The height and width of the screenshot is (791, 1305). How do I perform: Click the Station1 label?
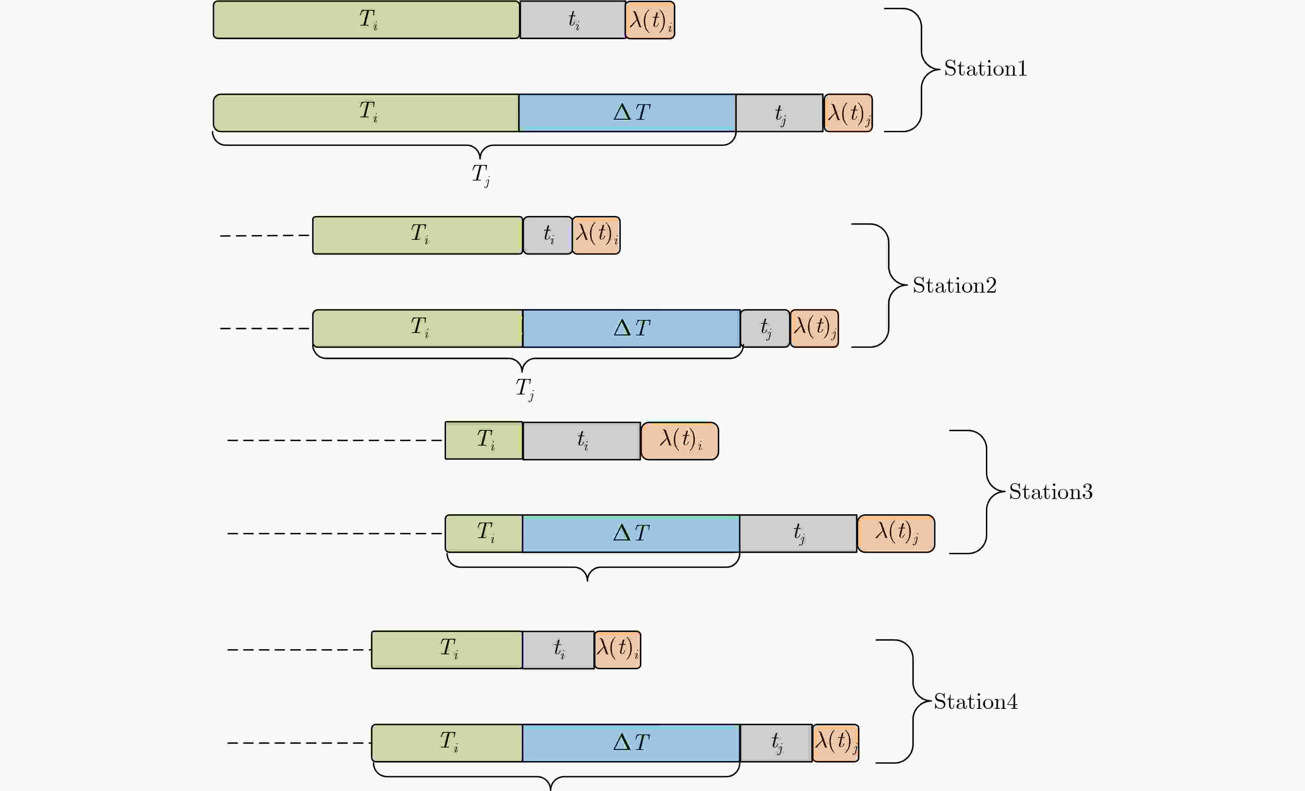coord(985,68)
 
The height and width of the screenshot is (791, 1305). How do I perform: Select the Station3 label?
coord(1051,492)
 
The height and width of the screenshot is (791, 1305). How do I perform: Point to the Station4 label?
coord(976,702)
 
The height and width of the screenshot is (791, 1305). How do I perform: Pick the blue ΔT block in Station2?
coord(631,329)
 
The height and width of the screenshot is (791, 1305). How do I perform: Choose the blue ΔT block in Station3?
coord(631,534)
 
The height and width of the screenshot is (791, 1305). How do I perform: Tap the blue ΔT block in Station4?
coord(631,743)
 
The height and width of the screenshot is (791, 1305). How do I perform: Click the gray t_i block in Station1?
coord(573,20)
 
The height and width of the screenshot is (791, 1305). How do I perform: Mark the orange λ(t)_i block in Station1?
coord(650,20)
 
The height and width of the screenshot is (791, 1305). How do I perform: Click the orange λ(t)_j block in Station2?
coord(814,329)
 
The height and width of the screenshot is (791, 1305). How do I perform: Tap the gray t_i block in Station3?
coord(582,441)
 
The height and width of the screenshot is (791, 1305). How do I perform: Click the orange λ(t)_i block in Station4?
coord(617,650)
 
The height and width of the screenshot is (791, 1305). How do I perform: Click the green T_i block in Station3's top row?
coord(484,440)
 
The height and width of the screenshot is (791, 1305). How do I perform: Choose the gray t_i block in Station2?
coord(548,235)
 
